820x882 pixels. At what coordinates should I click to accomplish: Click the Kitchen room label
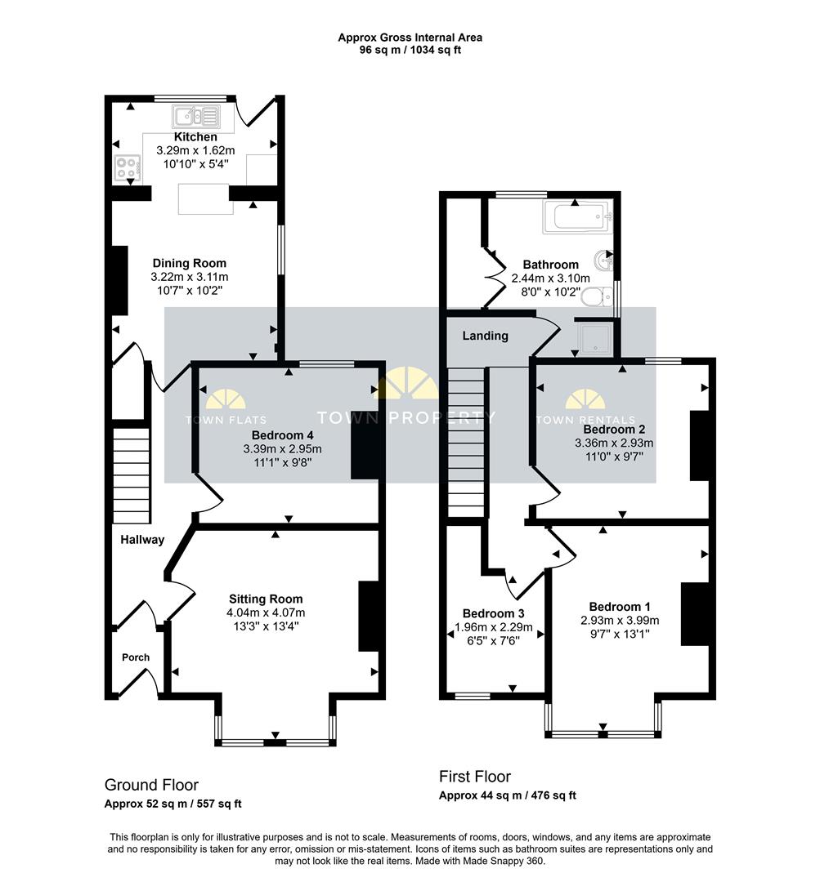coord(195,137)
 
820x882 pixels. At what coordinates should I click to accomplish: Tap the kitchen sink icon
coord(195,116)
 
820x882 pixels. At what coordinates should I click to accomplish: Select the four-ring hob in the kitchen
coord(128,168)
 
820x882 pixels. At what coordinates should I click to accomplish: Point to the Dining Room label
coord(190,263)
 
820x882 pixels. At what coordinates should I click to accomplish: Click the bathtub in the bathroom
coord(577,217)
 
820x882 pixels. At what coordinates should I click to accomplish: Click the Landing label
coord(485,336)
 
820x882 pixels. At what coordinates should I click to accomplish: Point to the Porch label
coord(136,657)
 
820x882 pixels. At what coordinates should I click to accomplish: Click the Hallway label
coord(142,540)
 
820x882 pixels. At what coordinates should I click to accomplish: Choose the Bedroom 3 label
coord(493,613)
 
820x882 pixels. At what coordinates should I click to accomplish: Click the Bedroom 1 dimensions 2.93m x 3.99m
coord(620,621)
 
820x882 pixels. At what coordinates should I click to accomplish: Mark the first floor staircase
coord(466,441)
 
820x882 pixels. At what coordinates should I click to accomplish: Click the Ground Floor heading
coord(151,785)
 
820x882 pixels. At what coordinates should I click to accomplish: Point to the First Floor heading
coord(475,777)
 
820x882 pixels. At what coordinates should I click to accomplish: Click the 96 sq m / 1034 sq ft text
coord(410,50)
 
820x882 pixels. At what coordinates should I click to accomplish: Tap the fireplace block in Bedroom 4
coord(365,449)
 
